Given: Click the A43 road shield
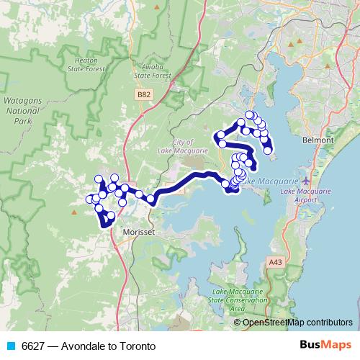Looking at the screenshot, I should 274,264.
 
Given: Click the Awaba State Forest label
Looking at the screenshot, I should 152,69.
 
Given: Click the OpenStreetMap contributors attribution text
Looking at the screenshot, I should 297,323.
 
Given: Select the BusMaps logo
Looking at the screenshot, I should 325,344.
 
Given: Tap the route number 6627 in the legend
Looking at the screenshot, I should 33,345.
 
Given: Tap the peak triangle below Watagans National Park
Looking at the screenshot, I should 74,212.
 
